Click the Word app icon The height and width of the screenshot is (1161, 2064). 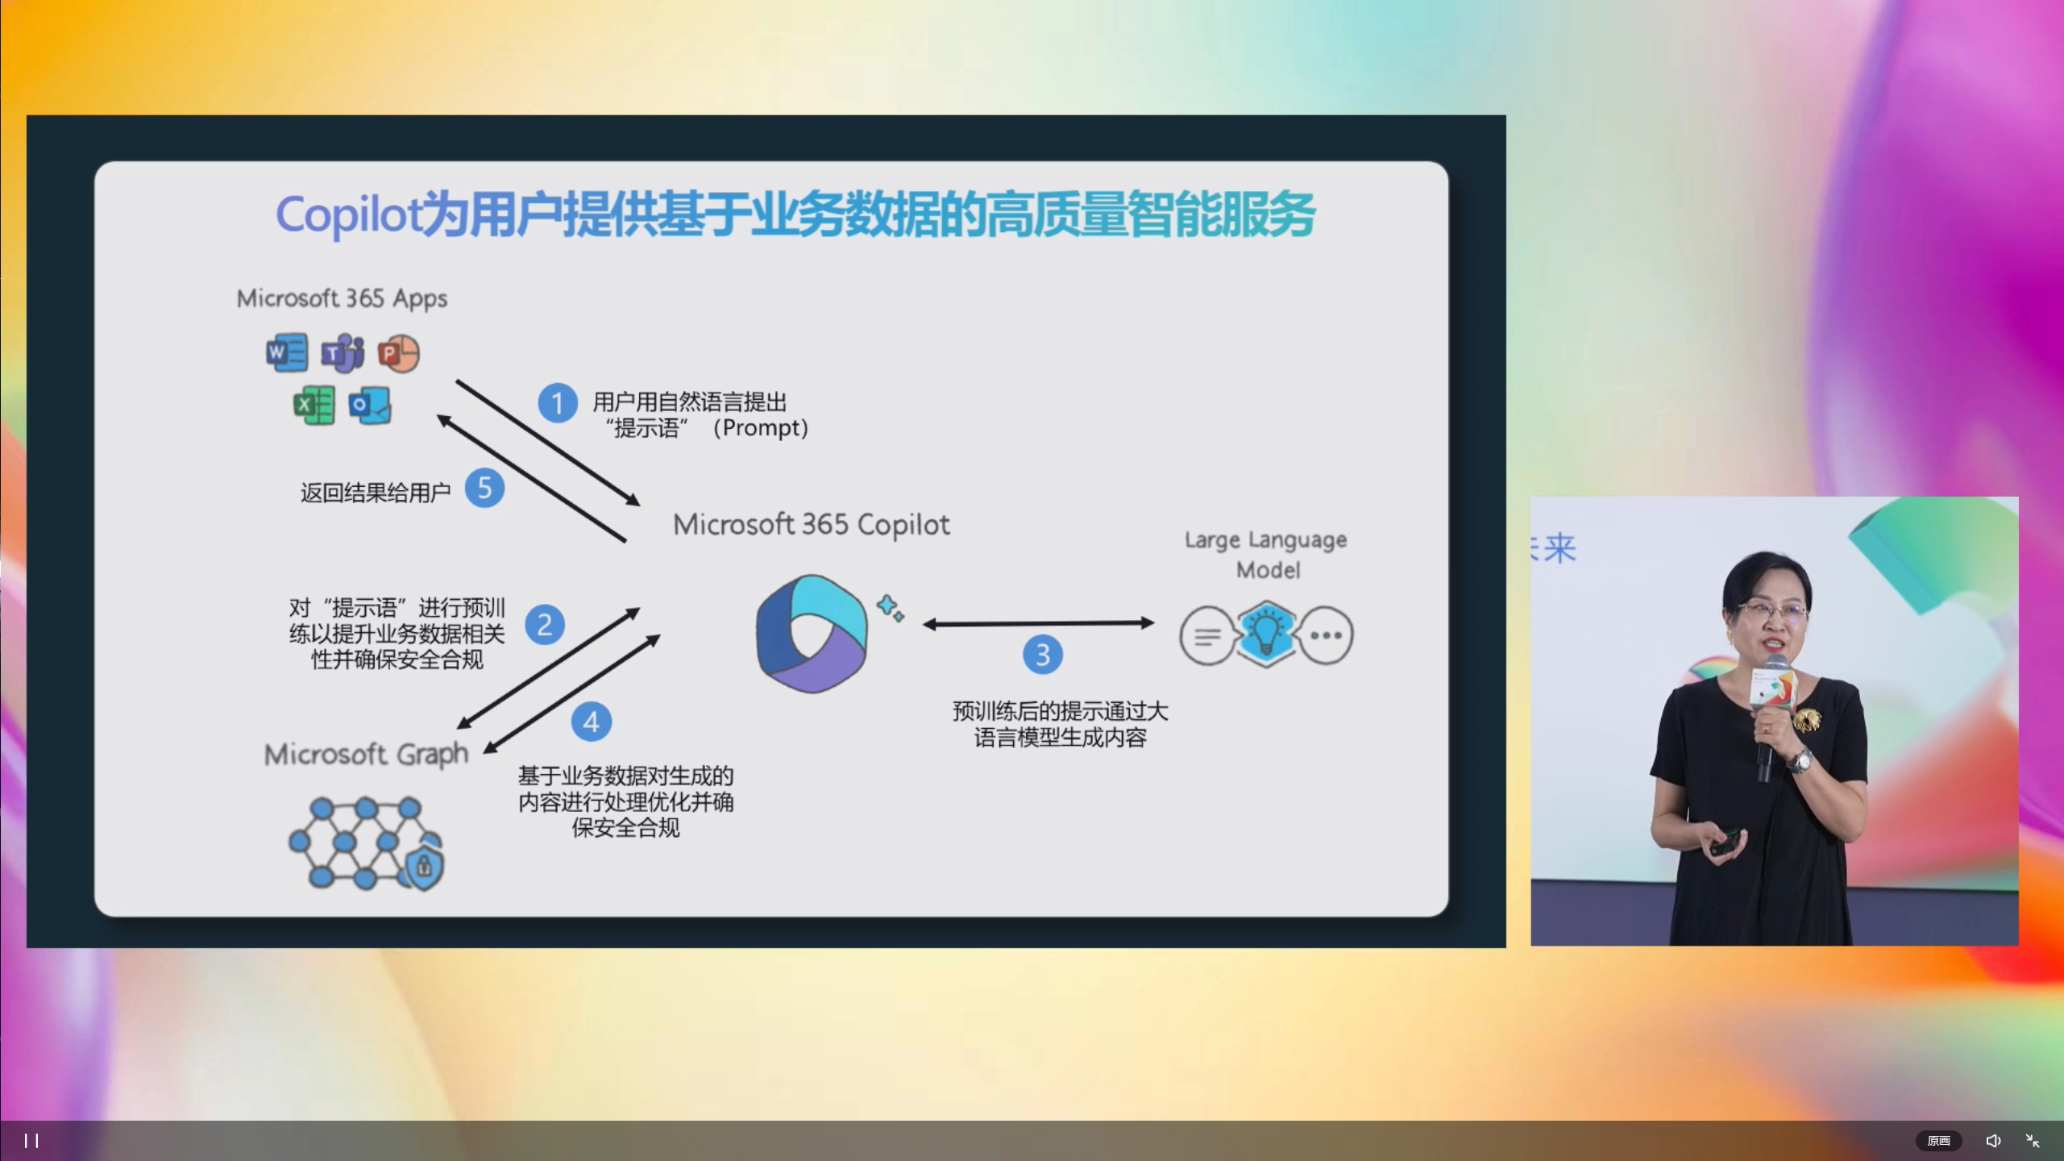[287, 352]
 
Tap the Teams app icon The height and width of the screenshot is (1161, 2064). [343, 353]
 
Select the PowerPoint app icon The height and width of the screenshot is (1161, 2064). [399, 353]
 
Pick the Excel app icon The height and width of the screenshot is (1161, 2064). [314, 405]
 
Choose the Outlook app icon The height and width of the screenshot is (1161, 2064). [370, 405]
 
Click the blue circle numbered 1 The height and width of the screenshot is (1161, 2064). [558, 403]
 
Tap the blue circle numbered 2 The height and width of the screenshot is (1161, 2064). [545, 625]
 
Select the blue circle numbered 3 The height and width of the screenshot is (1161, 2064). [1043, 655]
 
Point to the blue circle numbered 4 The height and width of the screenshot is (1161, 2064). [592, 722]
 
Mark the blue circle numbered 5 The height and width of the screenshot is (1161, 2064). [484, 488]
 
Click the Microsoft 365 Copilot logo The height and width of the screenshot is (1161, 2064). [812, 633]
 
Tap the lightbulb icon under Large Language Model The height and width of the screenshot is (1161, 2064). [1266, 634]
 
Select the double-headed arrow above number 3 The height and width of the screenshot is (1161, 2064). [1038, 623]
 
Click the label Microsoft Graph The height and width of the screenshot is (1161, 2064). [367, 755]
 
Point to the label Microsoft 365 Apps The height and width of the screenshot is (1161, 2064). [342, 299]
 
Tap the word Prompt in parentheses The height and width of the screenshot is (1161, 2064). [759, 427]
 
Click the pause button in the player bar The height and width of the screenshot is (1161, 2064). [31, 1141]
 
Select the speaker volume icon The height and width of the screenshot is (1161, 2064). [1993, 1141]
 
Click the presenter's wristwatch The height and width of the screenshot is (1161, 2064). [1802, 760]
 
